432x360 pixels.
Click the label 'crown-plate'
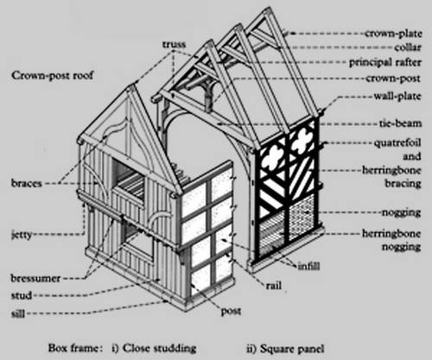[393, 34]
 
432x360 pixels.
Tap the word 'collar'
[408, 47]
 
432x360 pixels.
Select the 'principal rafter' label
[385, 62]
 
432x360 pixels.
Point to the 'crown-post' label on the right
[393, 79]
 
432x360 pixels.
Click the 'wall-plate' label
[397, 96]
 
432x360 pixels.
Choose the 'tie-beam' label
[400, 123]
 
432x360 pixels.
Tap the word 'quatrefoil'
[397, 143]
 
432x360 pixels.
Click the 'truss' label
[175, 44]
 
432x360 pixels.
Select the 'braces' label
[27, 183]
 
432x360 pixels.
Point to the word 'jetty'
[22, 235]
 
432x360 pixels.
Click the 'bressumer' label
[35, 278]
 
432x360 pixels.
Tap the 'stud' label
[22, 295]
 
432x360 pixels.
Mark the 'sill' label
[18, 313]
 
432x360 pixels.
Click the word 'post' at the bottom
[231, 312]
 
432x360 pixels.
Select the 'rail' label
[274, 286]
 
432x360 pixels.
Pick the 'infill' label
[308, 266]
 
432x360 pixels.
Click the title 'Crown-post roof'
[53, 76]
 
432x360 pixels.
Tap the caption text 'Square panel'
[292, 349]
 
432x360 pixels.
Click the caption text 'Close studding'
[159, 348]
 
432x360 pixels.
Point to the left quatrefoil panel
[272, 157]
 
